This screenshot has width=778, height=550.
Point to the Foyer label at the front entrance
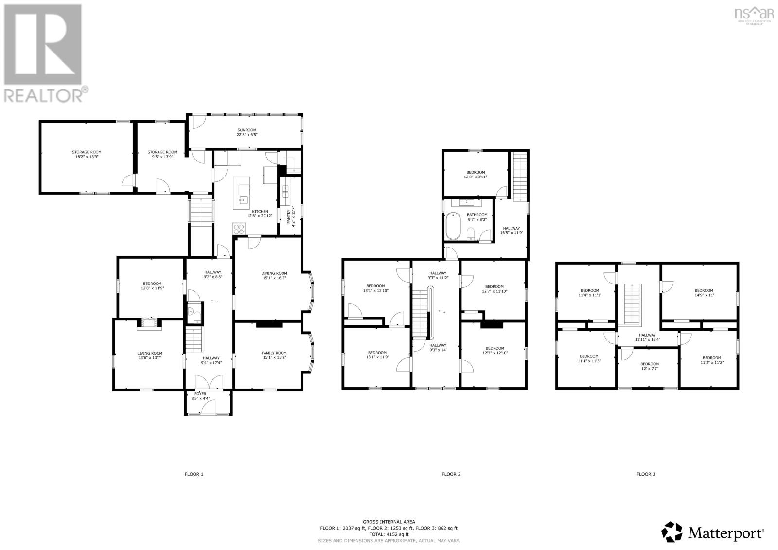tap(200, 393)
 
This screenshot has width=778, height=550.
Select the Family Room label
tap(274, 353)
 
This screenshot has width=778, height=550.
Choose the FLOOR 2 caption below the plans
tap(451, 474)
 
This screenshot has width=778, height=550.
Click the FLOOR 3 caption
tap(646, 474)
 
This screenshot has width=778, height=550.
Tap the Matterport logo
tap(713, 533)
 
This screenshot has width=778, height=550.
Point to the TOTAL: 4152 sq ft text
tap(389, 534)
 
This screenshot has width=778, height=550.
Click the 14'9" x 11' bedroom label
tap(704, 293)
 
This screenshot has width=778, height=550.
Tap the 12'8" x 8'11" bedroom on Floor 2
tap(476, 175)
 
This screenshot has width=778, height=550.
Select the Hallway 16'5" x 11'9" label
tap(511, 231)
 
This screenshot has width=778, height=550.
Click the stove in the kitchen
tap(239, 228)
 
